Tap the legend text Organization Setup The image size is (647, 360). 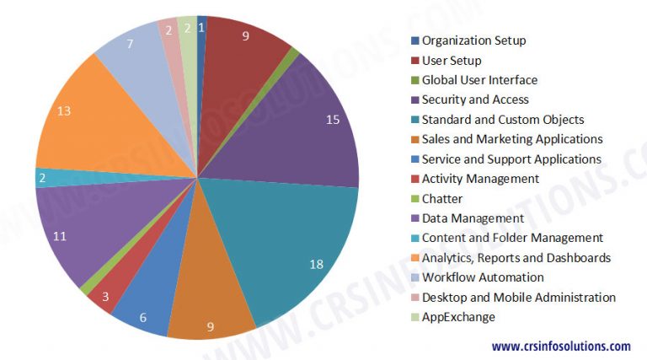tap(473, 40)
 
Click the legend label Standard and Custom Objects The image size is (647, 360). tap(503, 120)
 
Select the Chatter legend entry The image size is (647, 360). tap(443, 198)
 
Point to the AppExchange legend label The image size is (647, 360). tap(458, 317)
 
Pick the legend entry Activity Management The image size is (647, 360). tap(480, 179)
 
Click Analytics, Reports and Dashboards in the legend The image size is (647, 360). tap(516, 257)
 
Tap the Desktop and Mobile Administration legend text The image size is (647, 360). tap(519, 297)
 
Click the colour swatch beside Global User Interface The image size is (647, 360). tap(414, 80)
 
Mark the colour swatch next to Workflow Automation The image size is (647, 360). tap(414, 277)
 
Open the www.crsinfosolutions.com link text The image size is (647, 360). tap(561, 346)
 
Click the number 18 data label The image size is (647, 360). tap(317, 265)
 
